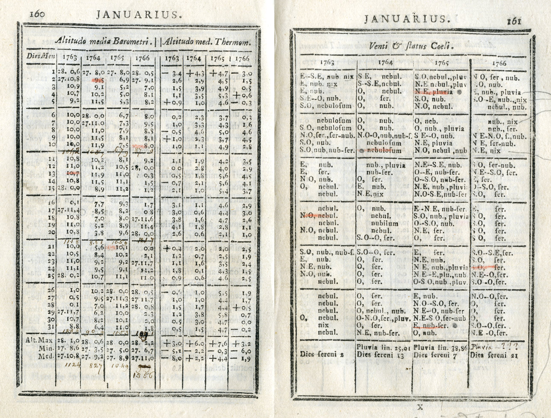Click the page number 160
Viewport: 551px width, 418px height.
(38, 13)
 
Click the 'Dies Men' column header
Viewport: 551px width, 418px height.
(41, 57)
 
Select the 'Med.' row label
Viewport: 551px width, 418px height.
(46, 356)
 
